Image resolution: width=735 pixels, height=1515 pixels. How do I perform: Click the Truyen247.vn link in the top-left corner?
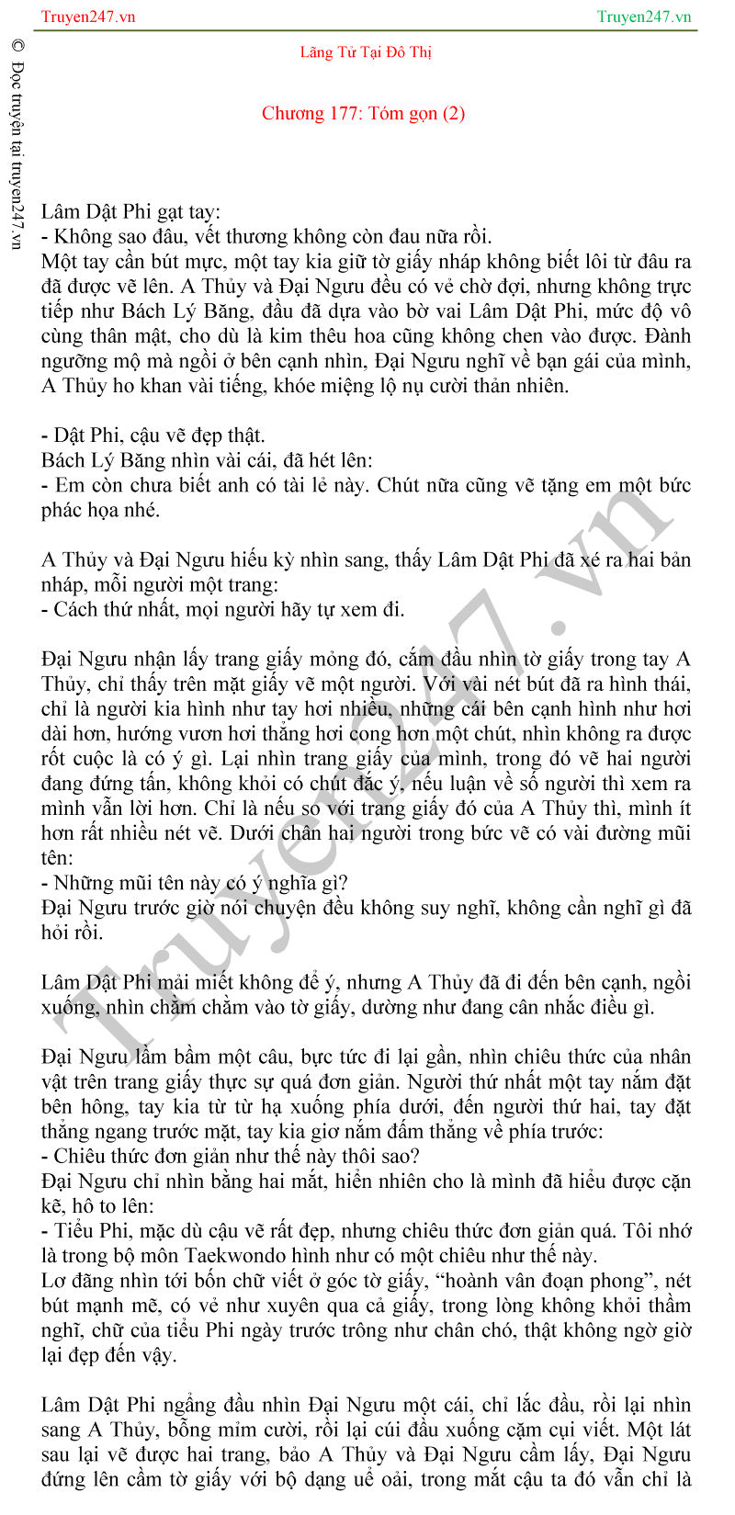[88, 17]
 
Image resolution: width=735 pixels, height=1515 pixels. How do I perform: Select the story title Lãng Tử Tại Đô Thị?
[365, 52]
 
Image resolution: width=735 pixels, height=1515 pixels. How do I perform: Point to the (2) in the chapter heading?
[454, 114]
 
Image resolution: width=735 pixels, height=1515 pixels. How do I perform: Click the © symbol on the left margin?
[17, 46]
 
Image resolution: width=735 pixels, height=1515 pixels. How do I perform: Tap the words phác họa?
[87, 510]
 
